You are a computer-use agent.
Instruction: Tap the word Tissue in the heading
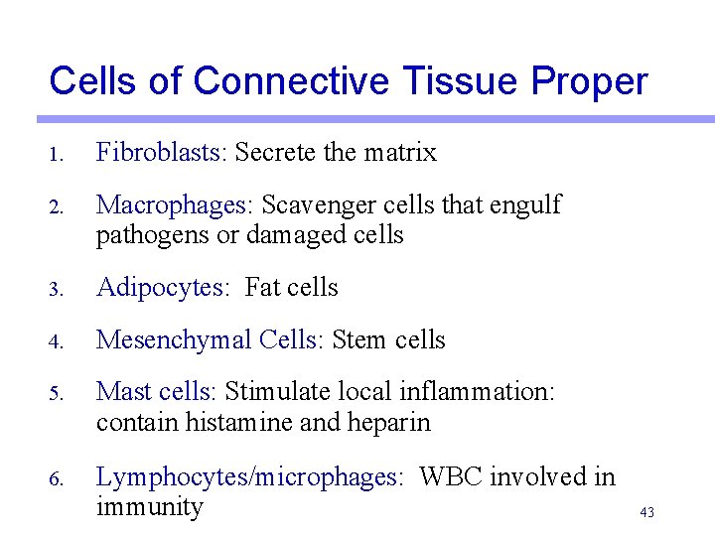(442, 81)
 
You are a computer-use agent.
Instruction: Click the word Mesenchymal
(174, 340)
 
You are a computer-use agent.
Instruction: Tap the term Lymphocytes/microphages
(250, 477)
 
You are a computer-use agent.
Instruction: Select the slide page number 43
(647, 513)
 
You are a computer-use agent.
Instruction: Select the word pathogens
(144, 235)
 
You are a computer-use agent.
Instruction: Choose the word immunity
(149, 507)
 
